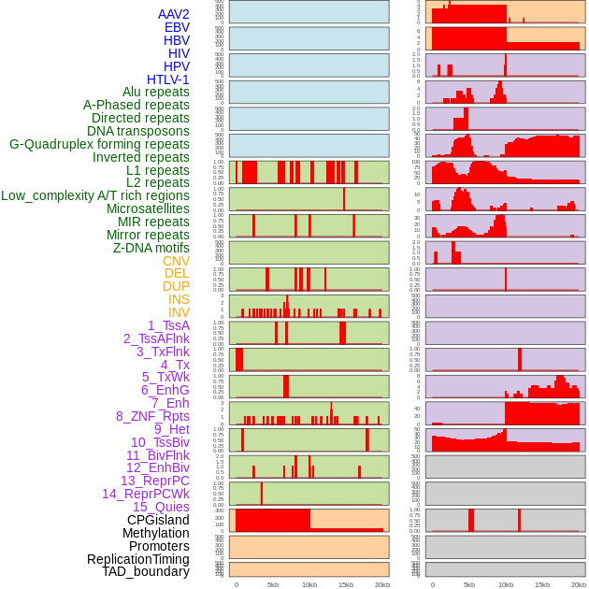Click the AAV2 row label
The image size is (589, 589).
coord(173,14)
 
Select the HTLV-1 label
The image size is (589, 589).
coord(167,79)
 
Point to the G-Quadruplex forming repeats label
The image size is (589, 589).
coord(99,144)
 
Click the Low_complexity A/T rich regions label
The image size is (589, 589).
coord(94,195)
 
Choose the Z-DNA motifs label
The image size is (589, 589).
coord(151,248)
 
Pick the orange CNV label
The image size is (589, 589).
coord(176,261)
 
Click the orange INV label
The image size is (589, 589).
coord(179,312)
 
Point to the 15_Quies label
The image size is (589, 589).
coord(160,507)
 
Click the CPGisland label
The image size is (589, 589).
coord(158,520)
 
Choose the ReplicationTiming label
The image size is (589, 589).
coord(137,559)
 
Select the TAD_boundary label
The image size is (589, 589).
coord(145,571)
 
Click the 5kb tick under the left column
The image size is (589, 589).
coord(273,584)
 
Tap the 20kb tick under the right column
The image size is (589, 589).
coord(579,584)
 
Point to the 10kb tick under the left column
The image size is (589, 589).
coord(309,584)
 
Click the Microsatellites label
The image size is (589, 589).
coord(148,208)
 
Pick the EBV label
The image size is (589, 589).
coord(177,27)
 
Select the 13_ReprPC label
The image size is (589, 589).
coord(154,481)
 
